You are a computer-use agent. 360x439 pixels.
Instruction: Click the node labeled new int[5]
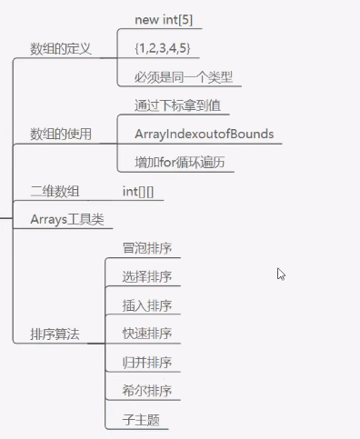coord(164,20)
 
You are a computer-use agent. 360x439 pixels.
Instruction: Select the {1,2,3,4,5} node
coord(163,48)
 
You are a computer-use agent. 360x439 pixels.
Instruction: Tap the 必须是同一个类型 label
coord(184,77)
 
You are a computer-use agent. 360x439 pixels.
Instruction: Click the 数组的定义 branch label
coord(61,49)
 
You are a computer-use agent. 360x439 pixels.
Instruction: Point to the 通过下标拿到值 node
coord(177,105)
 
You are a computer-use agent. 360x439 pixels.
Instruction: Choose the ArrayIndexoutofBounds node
coord(205,134)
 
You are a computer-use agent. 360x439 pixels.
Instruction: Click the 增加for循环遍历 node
coord(180,163)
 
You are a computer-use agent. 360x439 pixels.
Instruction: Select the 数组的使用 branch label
coord(61,135)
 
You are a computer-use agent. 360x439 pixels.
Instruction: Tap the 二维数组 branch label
coord(55,192)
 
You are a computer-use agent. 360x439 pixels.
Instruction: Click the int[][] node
coord(138,192)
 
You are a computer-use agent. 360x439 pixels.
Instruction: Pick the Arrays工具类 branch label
coord(67,219)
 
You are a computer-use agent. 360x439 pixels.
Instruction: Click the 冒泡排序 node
coord(147,248)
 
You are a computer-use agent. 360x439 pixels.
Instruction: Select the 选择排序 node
coord(147,276)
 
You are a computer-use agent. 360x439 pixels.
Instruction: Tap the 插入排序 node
coord(147,305)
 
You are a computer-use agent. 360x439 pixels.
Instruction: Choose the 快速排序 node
coord(147,334)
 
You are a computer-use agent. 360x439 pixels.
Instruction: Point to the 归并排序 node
coord(147,363)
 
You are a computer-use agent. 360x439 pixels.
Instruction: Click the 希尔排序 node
coord(147,391)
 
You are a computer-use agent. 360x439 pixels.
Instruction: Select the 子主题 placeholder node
coord(141,420)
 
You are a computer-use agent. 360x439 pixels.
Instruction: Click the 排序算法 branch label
coord(55,334)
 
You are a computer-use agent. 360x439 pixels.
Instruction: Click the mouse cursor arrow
coord(281,274)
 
